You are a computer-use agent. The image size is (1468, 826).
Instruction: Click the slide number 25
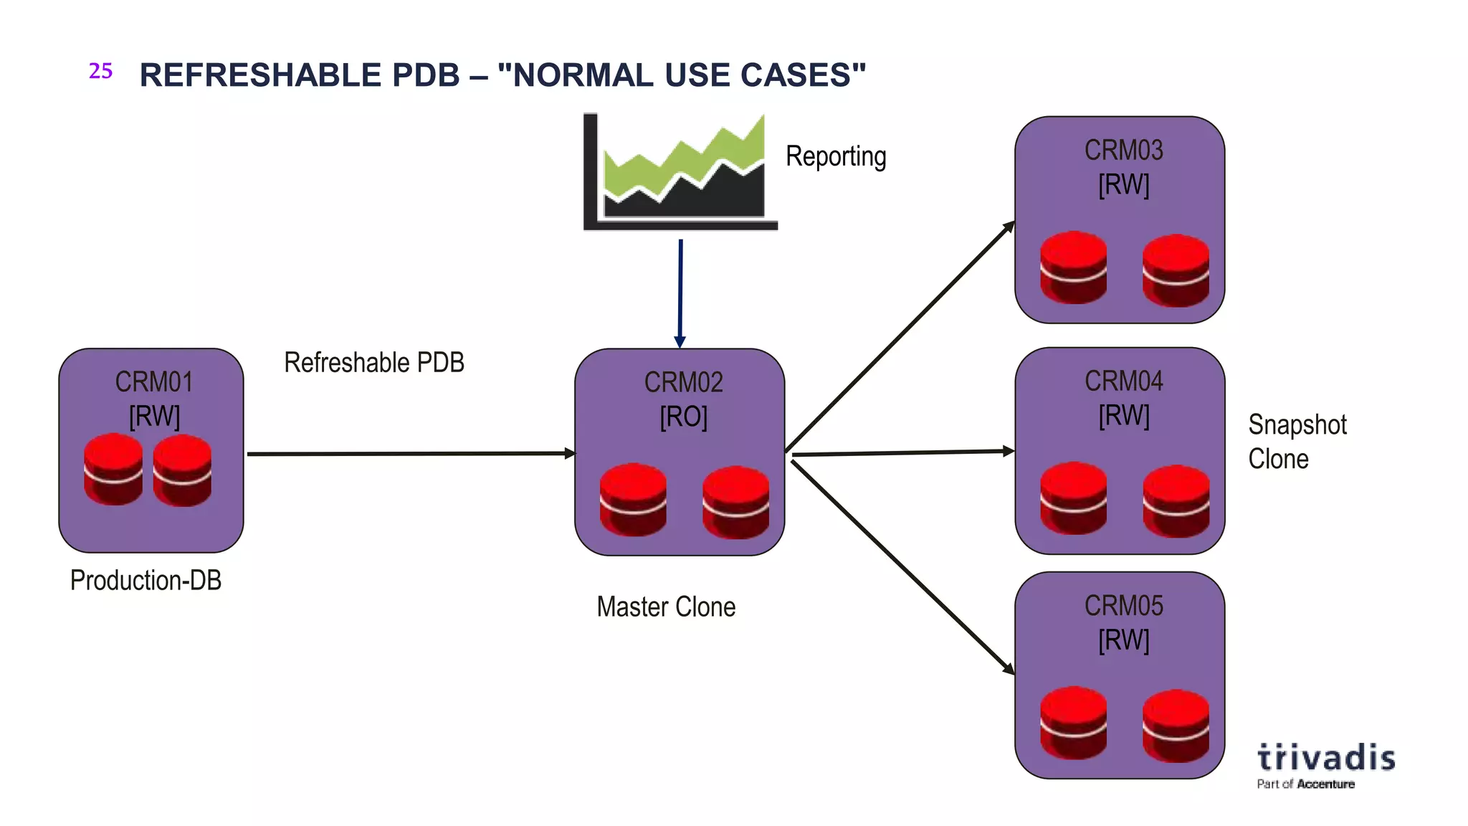click(100, 71)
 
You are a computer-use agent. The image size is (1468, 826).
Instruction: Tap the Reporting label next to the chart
click(836, 156)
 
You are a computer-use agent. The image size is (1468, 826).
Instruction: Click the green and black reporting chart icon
click(680, 172)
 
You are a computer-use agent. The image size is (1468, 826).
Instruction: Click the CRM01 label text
click(154, 382)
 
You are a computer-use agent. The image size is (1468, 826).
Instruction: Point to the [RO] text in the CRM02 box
click(683, 417)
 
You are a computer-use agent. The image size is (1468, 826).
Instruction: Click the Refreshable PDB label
click(374, 363)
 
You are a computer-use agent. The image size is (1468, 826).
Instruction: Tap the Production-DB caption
click(146, 580)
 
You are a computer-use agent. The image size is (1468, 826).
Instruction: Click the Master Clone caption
click(666, 607)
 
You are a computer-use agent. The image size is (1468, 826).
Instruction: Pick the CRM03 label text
click(1123, 151)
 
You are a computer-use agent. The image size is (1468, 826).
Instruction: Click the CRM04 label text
click(1123, 381)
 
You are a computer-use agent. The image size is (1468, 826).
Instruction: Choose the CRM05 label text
click(1123, 606)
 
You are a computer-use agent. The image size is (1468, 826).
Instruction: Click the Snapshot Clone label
click(1297, 442)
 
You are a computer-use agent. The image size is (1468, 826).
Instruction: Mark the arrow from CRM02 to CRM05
click(902, 566)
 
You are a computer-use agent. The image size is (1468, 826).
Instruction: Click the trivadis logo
click(1325, 764)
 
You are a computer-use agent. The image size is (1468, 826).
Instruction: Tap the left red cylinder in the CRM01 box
click(113, 469)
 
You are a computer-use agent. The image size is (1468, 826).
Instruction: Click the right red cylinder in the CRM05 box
click(1176, 725)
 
